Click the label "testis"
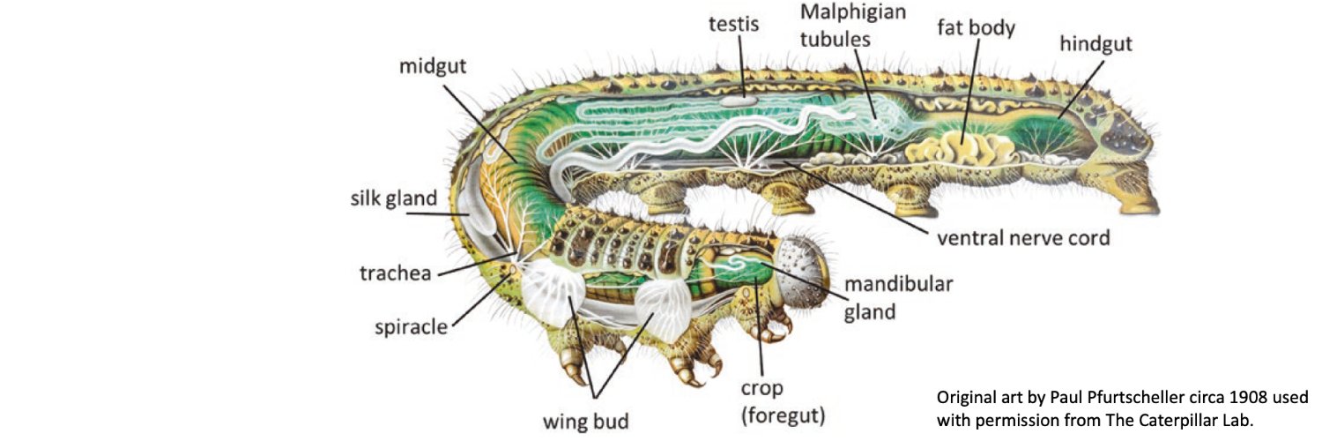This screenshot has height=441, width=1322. pos(735,24)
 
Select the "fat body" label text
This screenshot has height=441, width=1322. pos(976,26)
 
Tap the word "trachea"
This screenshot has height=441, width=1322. pos(396,274)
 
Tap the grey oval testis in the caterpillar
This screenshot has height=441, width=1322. pos(742,102)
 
